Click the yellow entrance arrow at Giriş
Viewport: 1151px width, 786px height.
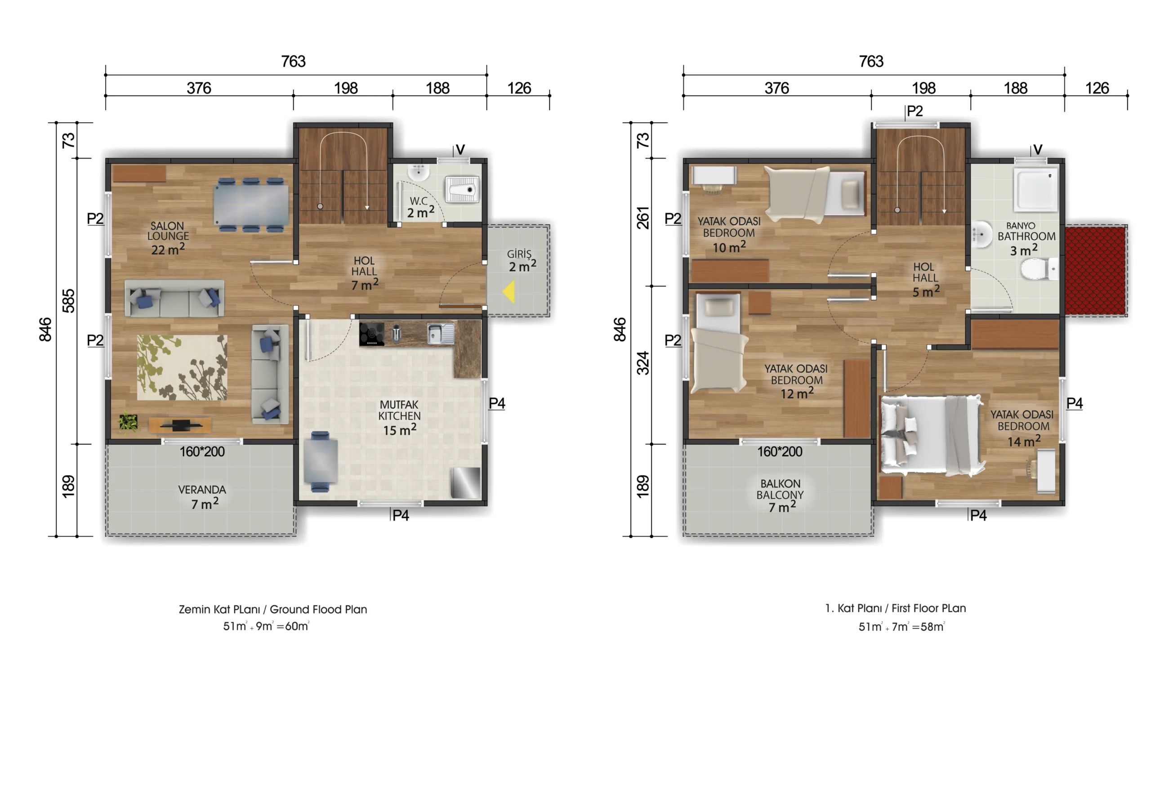[509, 292]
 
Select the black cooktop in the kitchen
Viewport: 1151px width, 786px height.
[371, 334]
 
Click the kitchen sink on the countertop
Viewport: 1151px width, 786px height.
[440, 333]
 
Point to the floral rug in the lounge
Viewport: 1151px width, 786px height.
[182, 367]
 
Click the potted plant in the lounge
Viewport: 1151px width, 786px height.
[128, 422]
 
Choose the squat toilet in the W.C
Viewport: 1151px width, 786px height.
[462, 189]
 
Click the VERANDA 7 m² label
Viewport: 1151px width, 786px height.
[202, 497]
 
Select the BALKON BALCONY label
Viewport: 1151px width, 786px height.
[780, 489]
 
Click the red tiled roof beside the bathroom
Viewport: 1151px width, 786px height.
[1096, 270]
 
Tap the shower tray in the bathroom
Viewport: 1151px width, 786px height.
[1035, 191]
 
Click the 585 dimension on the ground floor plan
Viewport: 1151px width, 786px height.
[68, 301]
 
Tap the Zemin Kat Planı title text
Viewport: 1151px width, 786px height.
[273, 609]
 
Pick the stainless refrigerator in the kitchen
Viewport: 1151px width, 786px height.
[465, 483]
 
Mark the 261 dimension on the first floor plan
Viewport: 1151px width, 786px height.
[642, 218]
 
